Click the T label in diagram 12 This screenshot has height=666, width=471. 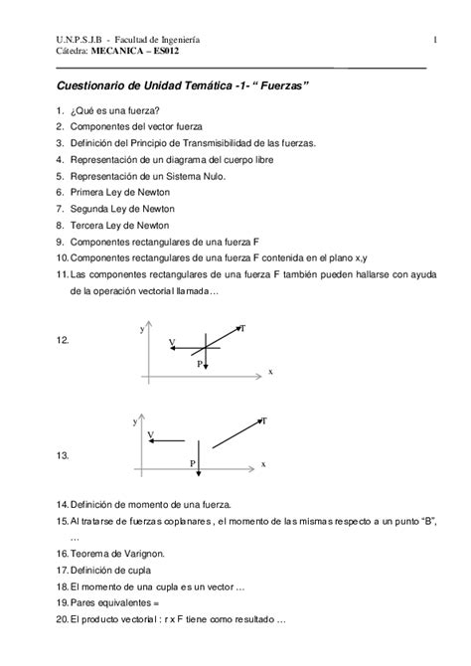[244, 328]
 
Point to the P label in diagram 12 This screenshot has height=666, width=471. [199, 365]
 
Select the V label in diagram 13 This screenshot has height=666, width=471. [150, 434]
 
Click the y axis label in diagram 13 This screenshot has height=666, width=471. [134, 422]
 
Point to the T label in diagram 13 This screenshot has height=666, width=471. [263, 421]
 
